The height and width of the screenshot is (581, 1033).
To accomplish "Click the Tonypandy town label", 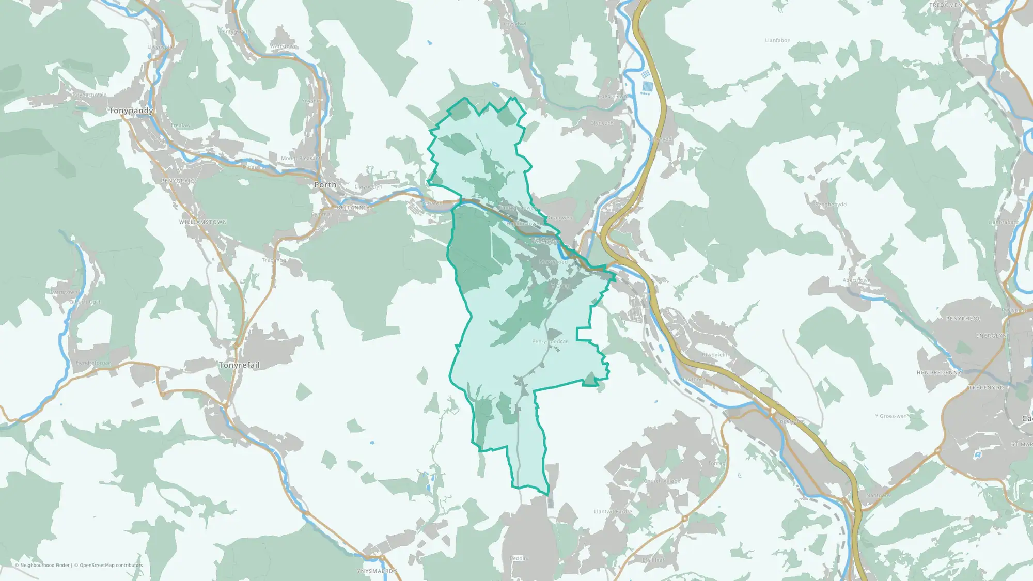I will coord(131,111).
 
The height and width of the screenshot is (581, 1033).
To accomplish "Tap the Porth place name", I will coord(325,185).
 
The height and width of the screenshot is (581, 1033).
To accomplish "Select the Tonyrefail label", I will coord(239,365).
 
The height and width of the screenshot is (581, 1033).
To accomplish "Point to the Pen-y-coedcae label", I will coord(550,342).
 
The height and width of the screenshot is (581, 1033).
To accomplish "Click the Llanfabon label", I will coord(777,40).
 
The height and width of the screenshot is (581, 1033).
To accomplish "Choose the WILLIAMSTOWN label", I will coord(203,222).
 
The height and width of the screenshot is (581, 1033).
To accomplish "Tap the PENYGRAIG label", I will coord(178,181).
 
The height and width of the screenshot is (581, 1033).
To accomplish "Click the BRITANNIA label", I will coord(353,208).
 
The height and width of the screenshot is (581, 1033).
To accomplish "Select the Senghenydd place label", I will coord(831,205).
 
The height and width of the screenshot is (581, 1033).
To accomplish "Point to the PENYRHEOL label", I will coord(963,319).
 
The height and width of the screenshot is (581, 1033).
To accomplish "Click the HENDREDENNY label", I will coord(938,373).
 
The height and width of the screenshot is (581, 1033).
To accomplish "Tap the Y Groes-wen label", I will coord(890,416).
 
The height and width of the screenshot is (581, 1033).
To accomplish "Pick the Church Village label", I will coord(662,481).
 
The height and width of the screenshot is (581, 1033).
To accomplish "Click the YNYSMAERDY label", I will coord(377,571).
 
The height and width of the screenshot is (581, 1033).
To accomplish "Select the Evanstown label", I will coord(64,292).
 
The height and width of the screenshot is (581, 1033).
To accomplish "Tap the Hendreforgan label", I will coord(93,363).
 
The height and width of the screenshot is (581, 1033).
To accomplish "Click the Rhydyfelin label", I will coord(716,355).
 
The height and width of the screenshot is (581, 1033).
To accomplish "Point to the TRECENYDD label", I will coord(986,388).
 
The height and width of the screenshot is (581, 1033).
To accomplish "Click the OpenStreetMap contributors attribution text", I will coord(111,566).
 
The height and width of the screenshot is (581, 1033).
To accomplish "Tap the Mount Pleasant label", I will coord(300,159).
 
